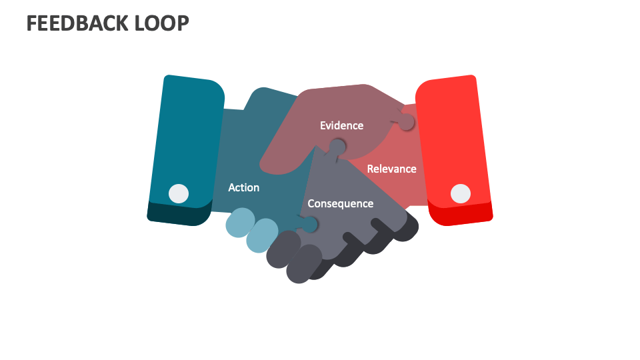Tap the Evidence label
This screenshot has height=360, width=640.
[341, 125]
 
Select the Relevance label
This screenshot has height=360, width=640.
[391, 169]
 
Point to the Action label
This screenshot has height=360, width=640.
[243, 187]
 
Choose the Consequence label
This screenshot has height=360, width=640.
[340, 203]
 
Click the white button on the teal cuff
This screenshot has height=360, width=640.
[178, 193]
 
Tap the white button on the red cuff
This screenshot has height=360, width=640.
[460, 193]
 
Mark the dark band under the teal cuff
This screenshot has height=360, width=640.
[177, 215]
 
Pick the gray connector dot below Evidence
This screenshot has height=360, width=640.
[338, 146]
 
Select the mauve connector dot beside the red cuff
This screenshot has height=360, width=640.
[406, 123]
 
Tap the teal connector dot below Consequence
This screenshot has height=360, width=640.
[310, 225]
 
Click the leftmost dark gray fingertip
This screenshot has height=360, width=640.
[282, 249]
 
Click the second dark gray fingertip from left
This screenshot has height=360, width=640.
[303, 263]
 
